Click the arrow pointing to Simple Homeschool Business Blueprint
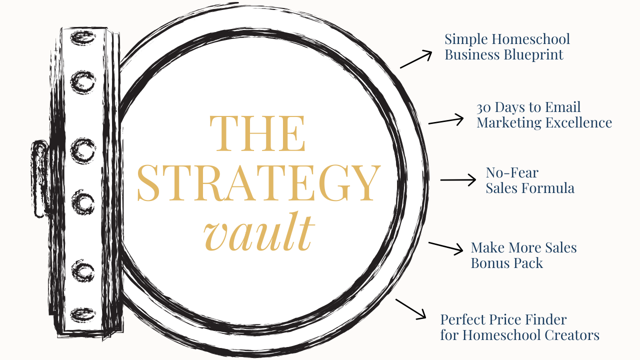click(416, 58)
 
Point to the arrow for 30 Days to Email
click(446, 120)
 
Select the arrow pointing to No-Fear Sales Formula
click(458, 179)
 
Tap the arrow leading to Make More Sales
click(446, 248)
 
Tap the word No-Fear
click(505, 173)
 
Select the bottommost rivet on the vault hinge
click(82, 315)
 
